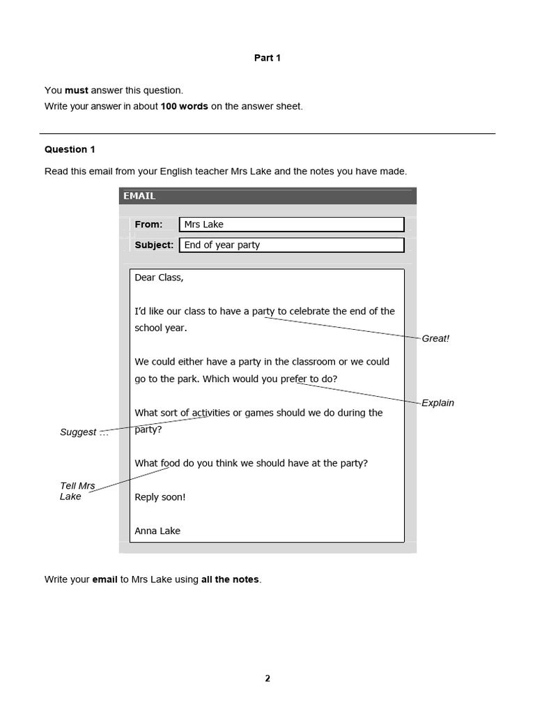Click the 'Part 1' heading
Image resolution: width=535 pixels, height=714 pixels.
267,58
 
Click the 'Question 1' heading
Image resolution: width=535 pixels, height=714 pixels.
70,149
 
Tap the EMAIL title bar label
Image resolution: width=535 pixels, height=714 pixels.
139,196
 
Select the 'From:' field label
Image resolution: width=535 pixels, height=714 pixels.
148,225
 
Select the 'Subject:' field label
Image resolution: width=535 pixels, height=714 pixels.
154,245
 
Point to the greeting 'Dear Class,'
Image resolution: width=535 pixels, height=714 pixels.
159,278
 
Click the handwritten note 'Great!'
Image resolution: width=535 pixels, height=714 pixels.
435,338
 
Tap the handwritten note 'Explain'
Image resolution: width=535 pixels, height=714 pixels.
437,403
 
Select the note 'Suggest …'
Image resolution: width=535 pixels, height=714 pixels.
84,432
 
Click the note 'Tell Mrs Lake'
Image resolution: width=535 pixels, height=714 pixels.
77,491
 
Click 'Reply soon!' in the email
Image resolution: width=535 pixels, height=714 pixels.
160,497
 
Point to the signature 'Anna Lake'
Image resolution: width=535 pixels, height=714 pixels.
157,531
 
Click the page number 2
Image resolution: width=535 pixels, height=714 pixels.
267,678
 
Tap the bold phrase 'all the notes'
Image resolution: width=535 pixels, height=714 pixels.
230,579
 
